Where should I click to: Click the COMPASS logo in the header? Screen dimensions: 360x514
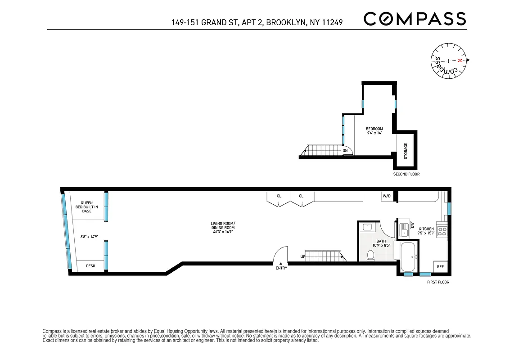414,19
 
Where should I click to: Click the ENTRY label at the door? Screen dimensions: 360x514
282,268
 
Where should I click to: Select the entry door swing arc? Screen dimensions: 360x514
281,255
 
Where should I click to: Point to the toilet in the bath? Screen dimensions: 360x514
371,255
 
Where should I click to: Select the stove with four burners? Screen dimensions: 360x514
442,231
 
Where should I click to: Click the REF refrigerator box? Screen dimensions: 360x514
440,267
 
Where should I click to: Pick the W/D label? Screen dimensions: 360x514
386,196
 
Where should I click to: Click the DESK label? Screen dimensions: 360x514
91,266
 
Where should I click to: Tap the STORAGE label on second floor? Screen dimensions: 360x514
405,151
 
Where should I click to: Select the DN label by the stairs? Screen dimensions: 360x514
345,151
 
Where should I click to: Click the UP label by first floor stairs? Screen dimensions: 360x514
303,257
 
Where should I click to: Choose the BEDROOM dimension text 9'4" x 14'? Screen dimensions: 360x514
374,133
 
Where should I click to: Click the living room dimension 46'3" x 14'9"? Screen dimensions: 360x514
223,228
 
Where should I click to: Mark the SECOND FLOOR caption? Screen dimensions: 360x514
406,174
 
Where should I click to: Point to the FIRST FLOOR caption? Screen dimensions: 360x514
438,282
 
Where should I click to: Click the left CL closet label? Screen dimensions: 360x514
279,196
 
